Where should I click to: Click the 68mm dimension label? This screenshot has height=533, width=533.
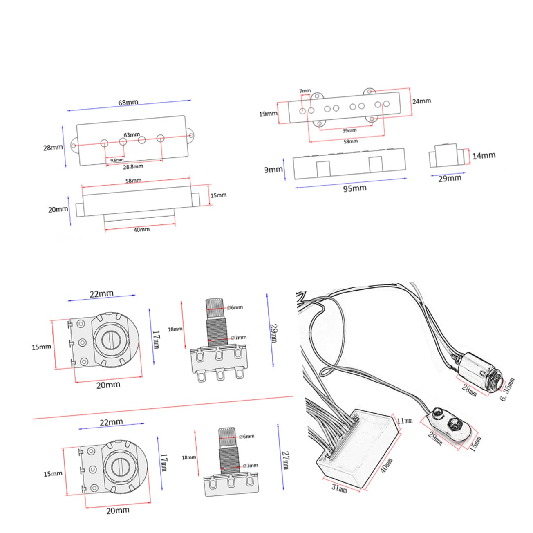[128, 103]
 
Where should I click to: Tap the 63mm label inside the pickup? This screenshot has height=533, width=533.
[132, 134]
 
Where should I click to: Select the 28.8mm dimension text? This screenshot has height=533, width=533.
[133, 166]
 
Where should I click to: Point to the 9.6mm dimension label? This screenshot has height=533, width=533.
[116, 160]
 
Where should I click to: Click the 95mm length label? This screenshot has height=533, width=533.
[354, 188]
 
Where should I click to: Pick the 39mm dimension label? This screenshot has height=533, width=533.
[349, 131]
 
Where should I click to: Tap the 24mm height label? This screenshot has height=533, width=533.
[421, 101]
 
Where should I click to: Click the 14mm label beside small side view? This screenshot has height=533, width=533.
[484, 156]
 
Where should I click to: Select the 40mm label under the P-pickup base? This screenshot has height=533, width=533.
[141, 230]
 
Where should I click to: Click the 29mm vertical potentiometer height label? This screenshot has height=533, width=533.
[273, 333]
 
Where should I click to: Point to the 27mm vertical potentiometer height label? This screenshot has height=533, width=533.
[286, 460]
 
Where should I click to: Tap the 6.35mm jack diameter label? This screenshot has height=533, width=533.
[508, 390]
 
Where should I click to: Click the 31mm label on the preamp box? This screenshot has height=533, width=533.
[339, 487]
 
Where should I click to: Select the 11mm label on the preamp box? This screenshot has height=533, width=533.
[405, 421]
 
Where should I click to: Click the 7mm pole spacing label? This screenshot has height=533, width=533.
[305, 91]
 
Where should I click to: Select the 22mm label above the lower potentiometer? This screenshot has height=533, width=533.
[111, 422]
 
